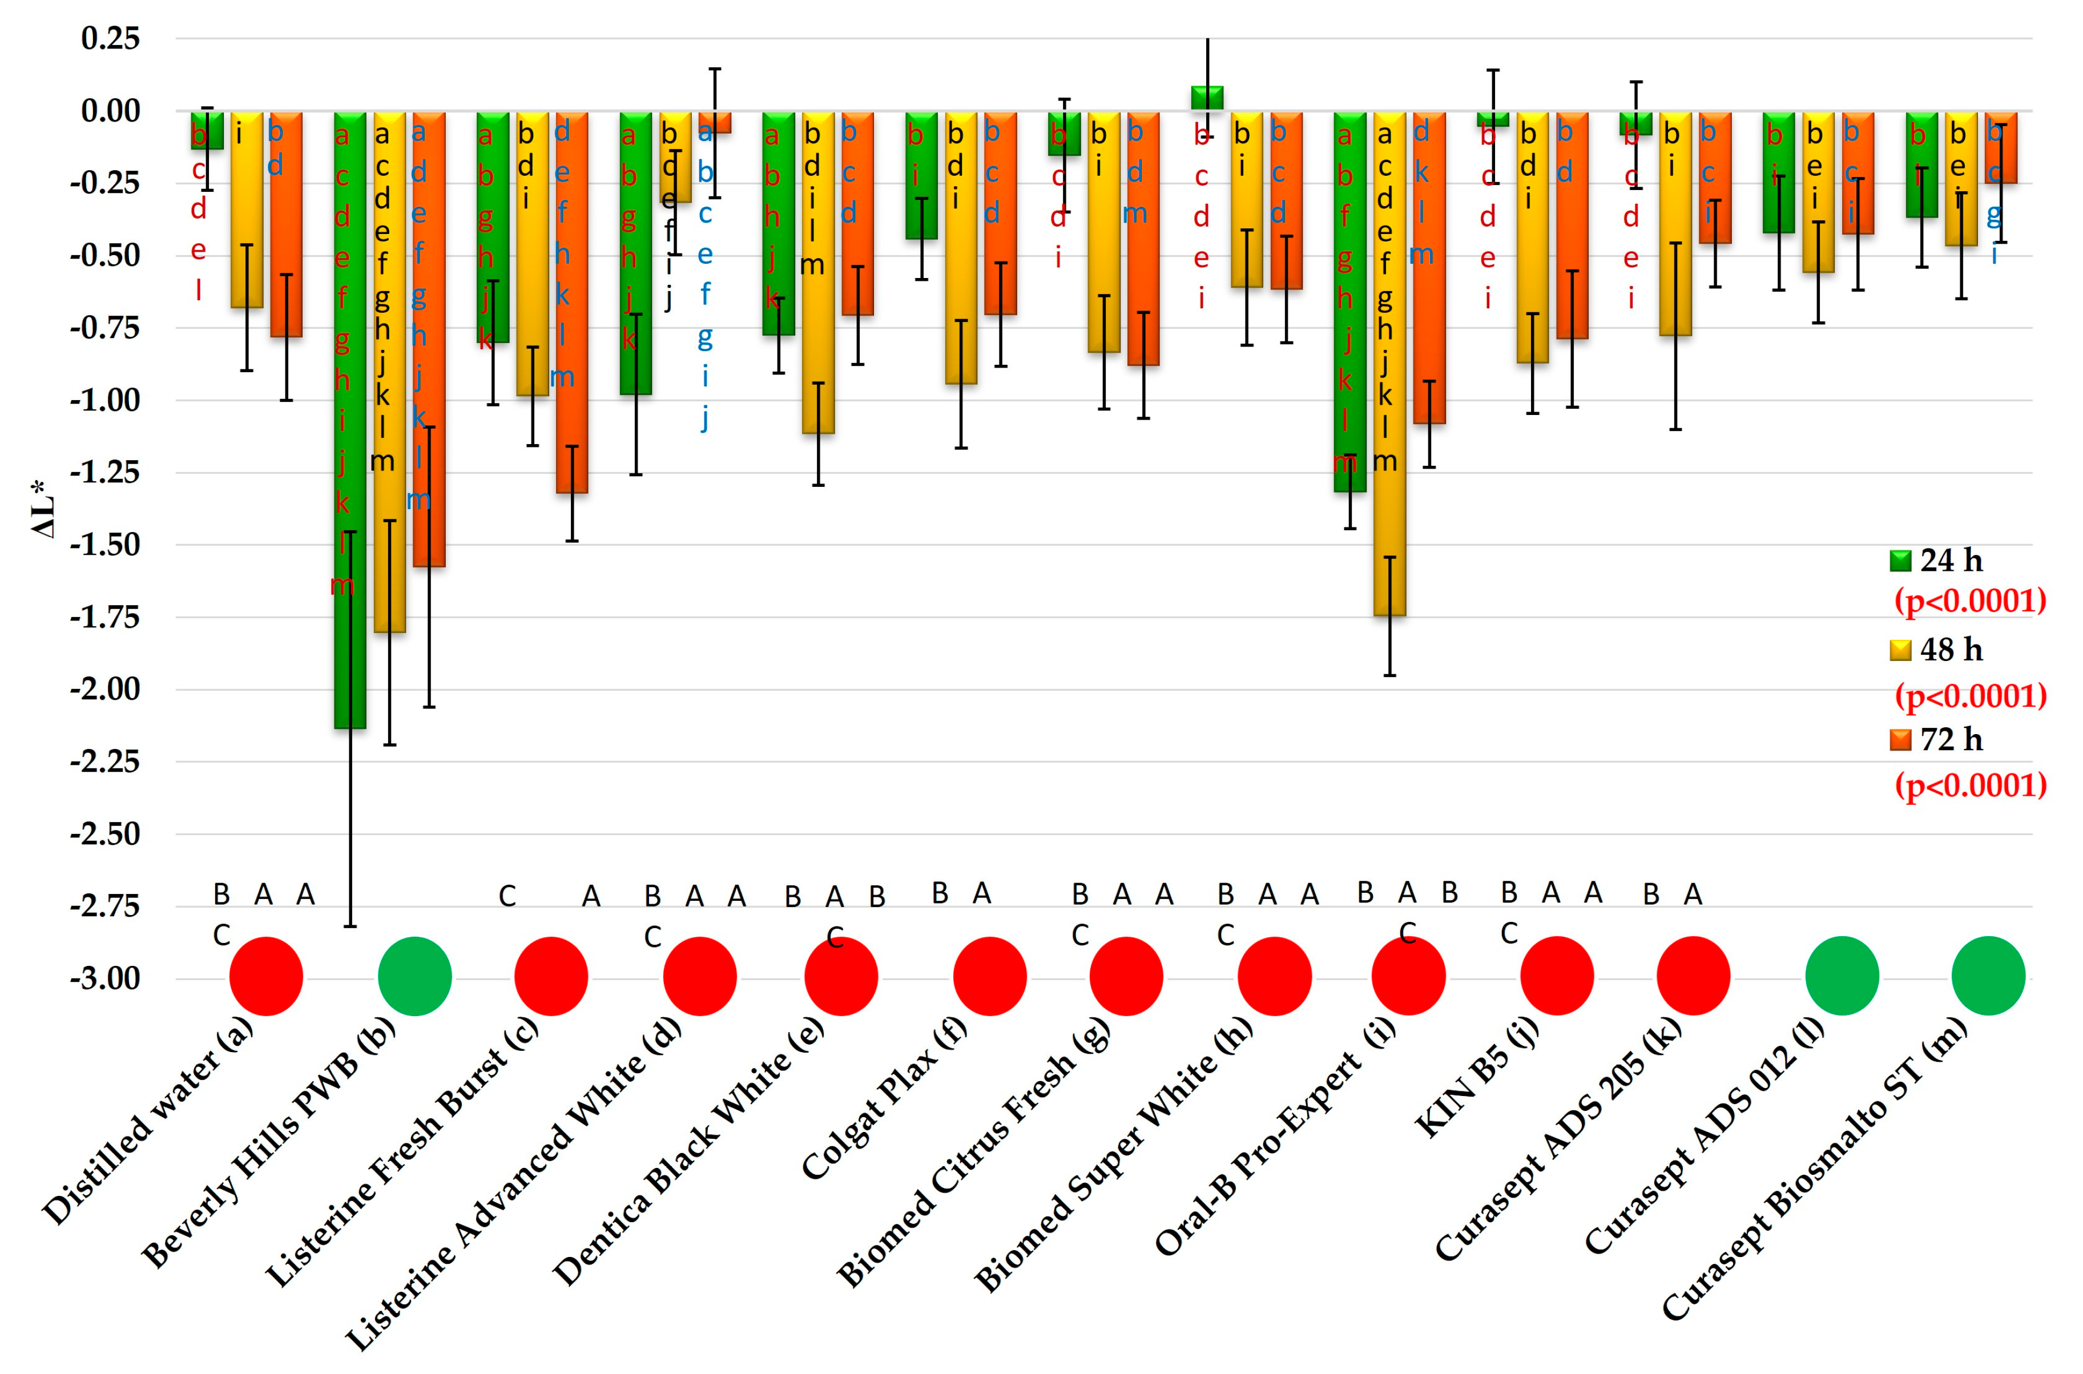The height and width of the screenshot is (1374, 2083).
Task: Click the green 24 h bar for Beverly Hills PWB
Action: [x=350, y=421]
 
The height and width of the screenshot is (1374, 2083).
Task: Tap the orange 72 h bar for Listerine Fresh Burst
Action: [x=571, y=303]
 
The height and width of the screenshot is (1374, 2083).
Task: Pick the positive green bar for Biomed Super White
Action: [x=1207, y=98]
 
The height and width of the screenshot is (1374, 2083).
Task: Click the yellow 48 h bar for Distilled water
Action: [x=247, y=210]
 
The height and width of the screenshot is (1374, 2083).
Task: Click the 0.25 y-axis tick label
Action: [x=110, y=39]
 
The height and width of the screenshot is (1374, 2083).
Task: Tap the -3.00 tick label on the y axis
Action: [x=105, y=978]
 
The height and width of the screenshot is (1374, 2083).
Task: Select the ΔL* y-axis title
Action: [x=44, y=508]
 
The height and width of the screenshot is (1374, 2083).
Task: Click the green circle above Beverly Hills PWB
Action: [x=414, y=976]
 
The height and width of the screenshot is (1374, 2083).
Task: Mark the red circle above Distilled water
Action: [x=265, y=976]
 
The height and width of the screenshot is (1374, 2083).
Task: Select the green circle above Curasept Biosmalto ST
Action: [x=1988, y=976]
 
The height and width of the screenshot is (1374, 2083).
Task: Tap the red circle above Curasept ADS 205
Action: [x=1693, y=976]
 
